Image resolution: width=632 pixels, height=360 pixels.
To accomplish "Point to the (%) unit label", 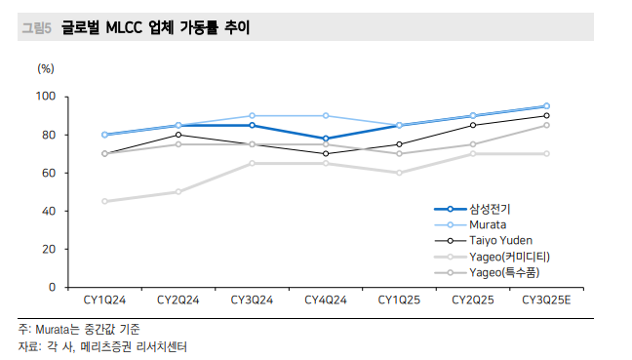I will tap(46, 68).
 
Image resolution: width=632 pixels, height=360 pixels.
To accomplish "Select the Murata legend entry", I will tap(488, 224).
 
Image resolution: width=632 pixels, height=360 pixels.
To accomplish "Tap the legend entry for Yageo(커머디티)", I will tap(509, 256).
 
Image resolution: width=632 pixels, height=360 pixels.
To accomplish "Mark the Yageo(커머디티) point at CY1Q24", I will tap(104, 202).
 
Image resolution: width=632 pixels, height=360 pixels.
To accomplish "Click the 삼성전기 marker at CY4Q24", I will tap(325, 139).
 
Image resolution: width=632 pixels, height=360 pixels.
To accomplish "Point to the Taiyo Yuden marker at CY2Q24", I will tap(178, 135).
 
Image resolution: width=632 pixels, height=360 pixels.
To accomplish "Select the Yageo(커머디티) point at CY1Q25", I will tap(399, 173).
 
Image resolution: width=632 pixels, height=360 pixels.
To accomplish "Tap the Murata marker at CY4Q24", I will tap(325, 116).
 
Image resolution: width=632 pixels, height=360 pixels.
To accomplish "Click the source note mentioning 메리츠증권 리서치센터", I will tap(102, 346).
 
